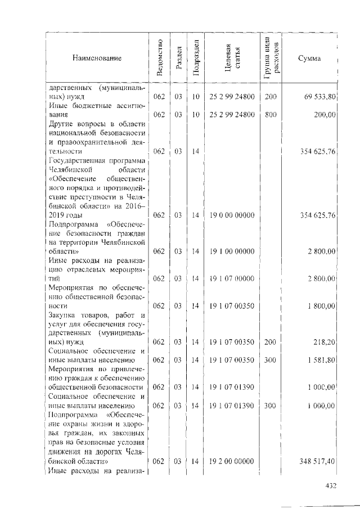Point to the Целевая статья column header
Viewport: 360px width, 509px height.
tap(232, 58)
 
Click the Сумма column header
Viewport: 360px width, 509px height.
tap(309, 58)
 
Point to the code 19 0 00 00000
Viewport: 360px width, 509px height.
tap(232, 215)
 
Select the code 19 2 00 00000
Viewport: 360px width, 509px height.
tap(232, 461)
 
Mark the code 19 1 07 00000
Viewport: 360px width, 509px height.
tap(232, 278)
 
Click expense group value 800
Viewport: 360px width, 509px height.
tap(271, 114)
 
